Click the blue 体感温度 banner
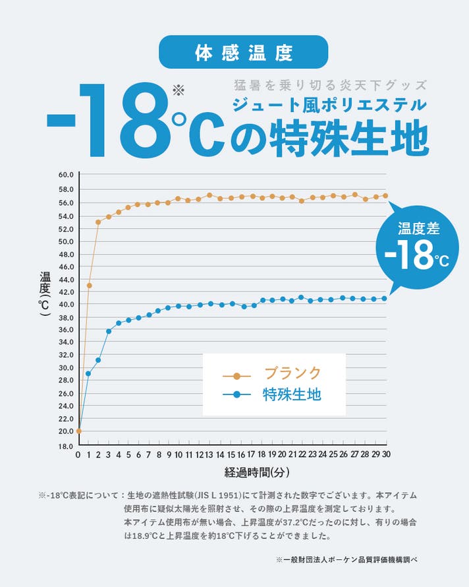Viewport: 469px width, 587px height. (244, 52)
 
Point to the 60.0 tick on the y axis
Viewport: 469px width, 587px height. (66, 175)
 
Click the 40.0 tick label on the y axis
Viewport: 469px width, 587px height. (66, 305)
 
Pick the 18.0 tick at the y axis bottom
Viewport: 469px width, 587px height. (66, 447)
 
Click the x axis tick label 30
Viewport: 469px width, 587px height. (386, 455)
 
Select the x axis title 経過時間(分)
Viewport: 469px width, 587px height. (257, 472)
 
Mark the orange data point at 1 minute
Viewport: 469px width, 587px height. (89, 286)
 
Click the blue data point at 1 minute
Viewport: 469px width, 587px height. (88, 374)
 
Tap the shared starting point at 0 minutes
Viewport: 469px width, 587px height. (78, 431)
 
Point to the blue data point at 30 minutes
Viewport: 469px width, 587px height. (384, 298)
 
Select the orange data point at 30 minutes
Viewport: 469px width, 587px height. (385, 195)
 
